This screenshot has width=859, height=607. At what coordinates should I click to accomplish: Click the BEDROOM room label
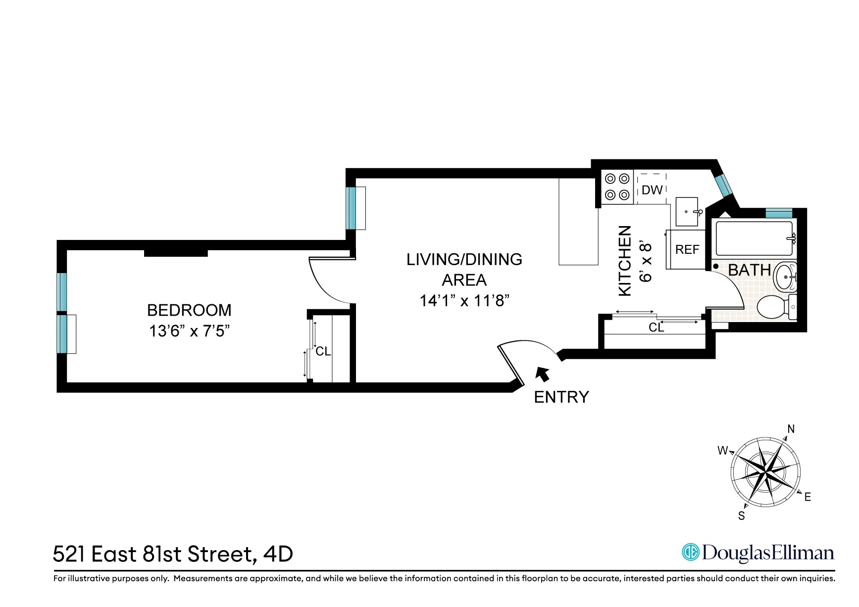tap(189, 310)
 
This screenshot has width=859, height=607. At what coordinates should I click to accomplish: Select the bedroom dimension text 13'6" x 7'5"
tap(189, 331)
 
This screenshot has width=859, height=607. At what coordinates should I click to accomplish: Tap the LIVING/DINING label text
tap(464, 259)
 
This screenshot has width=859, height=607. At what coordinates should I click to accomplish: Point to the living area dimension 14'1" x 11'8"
tap(464, 301)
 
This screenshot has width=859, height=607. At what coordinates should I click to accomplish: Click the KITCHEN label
tap(625, 261)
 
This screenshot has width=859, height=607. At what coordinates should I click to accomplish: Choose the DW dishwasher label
tap(652, 190)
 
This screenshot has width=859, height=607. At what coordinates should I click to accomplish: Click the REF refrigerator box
tap(687, 250)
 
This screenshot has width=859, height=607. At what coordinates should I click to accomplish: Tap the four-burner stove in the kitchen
tap(617, 187)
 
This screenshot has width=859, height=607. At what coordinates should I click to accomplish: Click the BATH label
tap(749, 270)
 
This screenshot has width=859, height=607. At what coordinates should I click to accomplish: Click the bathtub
tap(753, 238)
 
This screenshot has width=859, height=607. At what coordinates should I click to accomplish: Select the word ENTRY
tap(561, 397)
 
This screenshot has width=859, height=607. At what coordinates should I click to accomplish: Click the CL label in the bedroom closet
tap(323, 351)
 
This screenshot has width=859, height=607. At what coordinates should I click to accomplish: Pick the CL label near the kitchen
tap(656, 327)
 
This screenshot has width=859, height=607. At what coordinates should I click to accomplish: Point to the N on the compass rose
tap(791, 429)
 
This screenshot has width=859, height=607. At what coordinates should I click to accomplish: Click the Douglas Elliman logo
tap(758, 553)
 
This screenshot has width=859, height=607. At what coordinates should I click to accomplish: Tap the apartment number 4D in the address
tap(278, 554)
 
